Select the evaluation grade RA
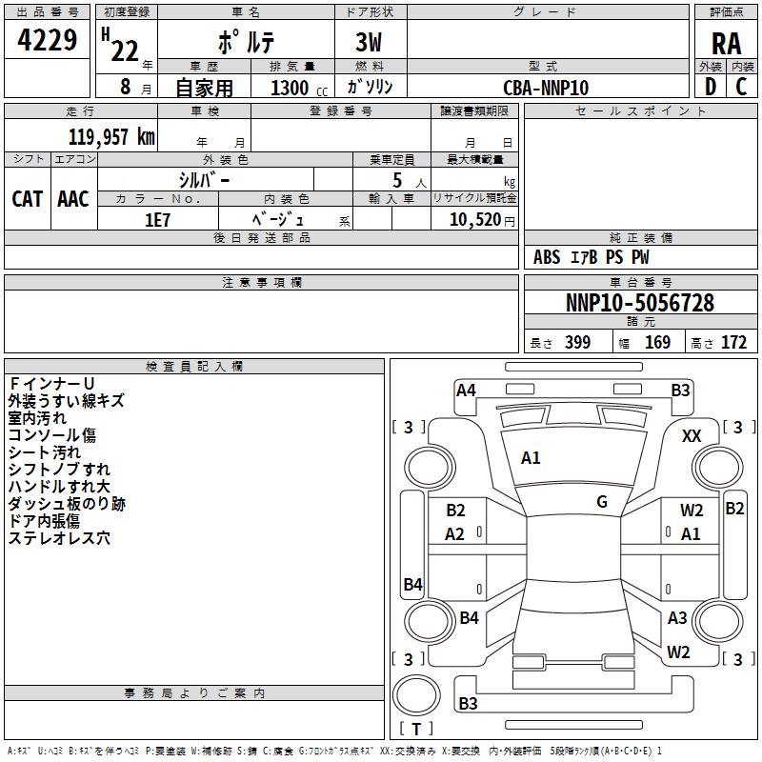coord(726,44)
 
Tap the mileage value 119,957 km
coord(111,136)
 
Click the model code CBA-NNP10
coord(546,88)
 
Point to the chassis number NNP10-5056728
coord(640,303)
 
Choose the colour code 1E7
coord(157,219)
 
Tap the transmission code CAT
coord(28,198)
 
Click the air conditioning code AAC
coord(73,198)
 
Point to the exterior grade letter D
coord(710,87)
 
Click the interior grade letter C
coord(741,87)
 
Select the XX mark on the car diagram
coord(692,435)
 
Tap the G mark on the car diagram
coord(602,502)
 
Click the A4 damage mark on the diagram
coord(466,390)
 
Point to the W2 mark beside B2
coord(692,511)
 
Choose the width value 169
coord(658,343)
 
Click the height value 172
coord(733,343)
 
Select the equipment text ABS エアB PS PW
coord(592,256)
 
